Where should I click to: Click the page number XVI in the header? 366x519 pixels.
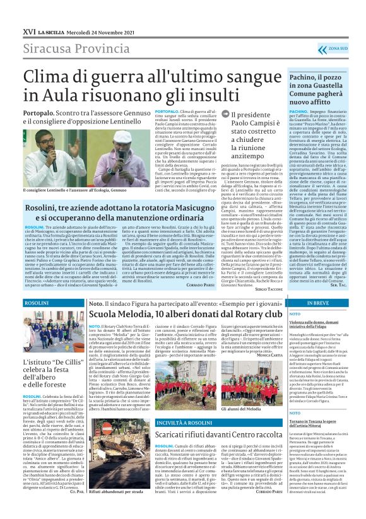click(x=28, y=31)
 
